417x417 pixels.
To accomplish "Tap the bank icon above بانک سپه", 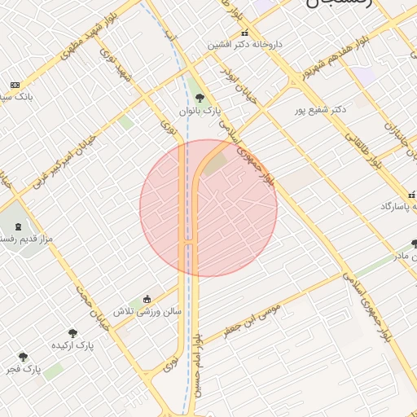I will [x=15, y=85].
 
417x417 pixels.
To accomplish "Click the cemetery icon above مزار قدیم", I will [x=17, y=225].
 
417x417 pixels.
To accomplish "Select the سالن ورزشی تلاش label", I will [x=147, y=311].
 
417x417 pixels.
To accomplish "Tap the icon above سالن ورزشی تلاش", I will [x=147, y=299].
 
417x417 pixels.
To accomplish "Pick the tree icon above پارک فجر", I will [x=22, y=357].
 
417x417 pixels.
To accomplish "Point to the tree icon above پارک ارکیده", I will [x=72, y=332].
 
